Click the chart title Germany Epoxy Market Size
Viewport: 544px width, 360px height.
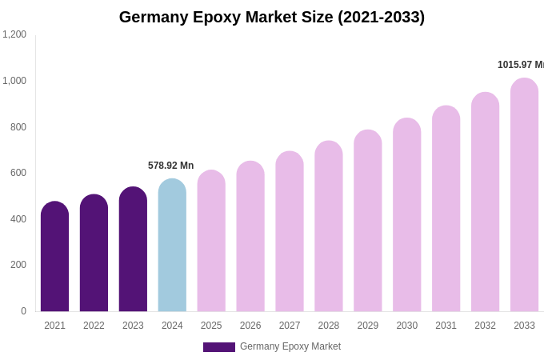[x=272, y=17]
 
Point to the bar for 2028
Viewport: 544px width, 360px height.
[x=329, y=226]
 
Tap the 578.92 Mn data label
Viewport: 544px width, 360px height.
[x=170, y=166]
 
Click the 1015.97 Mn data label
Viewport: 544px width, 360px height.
[x=520, y=65]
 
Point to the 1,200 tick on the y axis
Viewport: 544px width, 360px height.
[x=14, y=34]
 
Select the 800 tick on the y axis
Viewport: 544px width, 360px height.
[x=18, y=126]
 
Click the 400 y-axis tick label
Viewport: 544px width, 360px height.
[x=18, y=219]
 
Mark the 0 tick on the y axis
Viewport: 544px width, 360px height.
[x=23, y=311]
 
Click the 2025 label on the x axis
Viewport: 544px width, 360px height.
[x=211, y=326]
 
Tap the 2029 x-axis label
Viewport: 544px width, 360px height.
[x=368, y=326]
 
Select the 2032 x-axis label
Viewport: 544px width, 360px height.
[x=485, y=326]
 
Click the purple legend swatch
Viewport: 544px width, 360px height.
[x=218, y=347]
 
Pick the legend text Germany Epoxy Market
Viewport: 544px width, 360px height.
[x=290, y=346]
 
